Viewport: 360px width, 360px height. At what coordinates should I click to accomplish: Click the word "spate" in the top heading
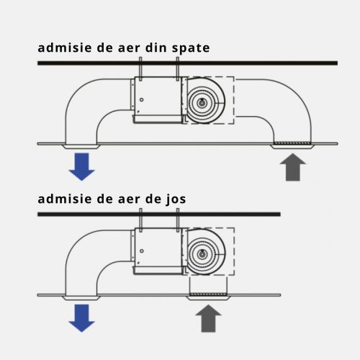coord(191,48)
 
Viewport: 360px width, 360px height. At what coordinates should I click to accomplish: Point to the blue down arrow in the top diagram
coord(82,166)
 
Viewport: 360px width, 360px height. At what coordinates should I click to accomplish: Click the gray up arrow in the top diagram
coord(293,167)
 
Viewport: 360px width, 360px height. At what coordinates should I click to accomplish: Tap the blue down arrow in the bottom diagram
coord(82,318)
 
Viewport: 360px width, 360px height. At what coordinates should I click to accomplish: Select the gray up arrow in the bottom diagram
coord(208,318)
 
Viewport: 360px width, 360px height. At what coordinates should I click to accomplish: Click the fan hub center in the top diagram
coord(201,103)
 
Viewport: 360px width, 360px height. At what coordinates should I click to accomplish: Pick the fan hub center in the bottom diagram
coord(201,253)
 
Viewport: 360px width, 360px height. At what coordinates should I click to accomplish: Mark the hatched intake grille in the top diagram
coord(292,143)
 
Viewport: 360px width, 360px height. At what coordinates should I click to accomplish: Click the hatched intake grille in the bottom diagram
coord(208,294)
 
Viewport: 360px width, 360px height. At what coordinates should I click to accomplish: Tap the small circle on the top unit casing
coord(142,99)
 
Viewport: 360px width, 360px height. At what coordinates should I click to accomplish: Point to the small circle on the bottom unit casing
coord(142,251)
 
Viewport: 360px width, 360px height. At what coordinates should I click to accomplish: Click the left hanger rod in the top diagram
coord(140,68)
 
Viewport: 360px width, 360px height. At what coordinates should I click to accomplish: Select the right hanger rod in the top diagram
coord(178,68)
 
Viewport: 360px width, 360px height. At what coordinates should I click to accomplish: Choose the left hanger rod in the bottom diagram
coord(140,220)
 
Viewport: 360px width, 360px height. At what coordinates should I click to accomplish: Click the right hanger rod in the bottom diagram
coord(178,220)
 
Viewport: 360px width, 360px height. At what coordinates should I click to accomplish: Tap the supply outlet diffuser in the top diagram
coord(81,147)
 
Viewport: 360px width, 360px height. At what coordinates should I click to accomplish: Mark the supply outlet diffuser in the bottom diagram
coord(81,298)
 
